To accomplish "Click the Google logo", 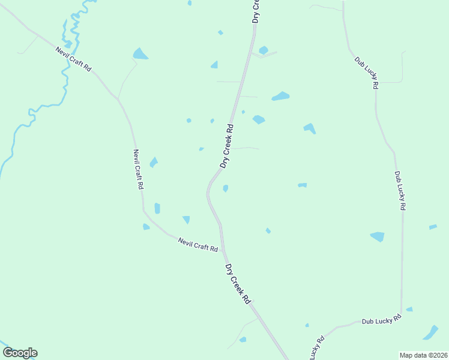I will click(20, 353).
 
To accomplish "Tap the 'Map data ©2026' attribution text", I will click(424, 355).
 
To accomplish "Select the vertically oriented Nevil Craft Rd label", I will click(139, 170).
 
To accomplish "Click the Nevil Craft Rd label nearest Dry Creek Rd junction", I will click(198, 244).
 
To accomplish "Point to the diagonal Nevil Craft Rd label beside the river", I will click(74, 59).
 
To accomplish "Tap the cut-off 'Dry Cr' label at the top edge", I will click(256, 11).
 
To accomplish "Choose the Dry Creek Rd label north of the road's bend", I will click(226, 146).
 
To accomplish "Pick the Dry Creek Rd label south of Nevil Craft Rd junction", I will click(237, 283).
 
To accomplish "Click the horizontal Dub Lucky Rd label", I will click(381, 320).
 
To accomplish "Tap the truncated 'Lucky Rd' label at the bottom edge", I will click(316, 348).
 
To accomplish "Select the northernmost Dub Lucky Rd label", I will click(366, 73).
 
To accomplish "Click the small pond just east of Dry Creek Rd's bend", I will click(225, 188).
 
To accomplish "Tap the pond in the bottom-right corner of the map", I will click(431, 332).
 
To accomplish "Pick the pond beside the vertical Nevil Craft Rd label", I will click(154, 162).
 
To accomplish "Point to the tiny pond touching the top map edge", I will click(190, 2).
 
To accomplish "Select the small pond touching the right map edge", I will click(433, 227).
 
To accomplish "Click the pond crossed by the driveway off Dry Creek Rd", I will click(264, 50).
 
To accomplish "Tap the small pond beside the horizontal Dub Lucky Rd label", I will click(409, 310).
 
